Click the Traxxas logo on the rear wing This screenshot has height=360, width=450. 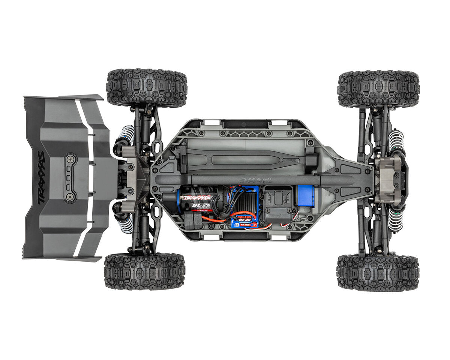41,177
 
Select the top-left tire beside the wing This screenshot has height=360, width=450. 147,88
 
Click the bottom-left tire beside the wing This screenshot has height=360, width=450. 144,271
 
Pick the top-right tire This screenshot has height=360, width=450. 378,89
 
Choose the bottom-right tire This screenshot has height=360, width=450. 378,273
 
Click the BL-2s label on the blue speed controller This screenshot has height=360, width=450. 244,220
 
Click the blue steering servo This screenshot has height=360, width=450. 306,195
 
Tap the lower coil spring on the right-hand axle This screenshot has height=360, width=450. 395,219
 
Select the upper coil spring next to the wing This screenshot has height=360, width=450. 127,135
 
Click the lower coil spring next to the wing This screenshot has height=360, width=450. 126,222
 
